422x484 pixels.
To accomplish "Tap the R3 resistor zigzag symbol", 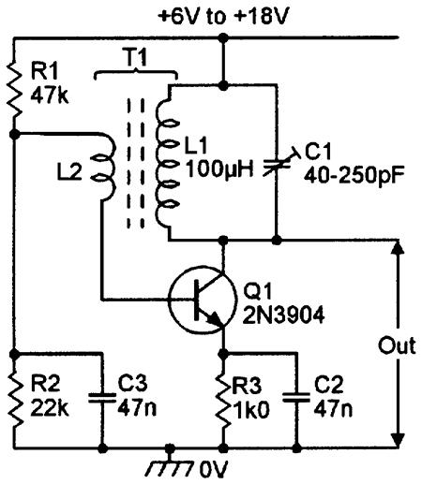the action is (x=223, y=400).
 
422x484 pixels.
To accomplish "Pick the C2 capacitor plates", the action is (x=296, y=397).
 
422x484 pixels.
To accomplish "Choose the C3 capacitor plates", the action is (x=102, y=397).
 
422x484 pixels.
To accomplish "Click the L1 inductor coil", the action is (x=166, y=162).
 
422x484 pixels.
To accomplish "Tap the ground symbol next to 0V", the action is (x=170, y=465).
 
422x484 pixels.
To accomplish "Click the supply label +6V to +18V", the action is (x=222, y=16).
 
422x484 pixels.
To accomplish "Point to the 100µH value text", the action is (x=219, y=170).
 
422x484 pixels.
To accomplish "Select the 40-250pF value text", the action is (x=354, y=176).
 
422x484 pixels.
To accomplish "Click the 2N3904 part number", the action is (x=283, y=315).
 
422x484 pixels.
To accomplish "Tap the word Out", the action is (x=397, y=345).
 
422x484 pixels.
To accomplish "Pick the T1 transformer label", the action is (x=136, y=57).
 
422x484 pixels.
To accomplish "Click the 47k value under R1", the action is (x=50, y=95).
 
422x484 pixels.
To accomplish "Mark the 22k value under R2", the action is (x=50, y=406).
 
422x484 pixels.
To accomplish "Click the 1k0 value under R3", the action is (x=250, y=410).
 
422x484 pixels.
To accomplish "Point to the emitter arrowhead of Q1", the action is (x=216, y=319).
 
